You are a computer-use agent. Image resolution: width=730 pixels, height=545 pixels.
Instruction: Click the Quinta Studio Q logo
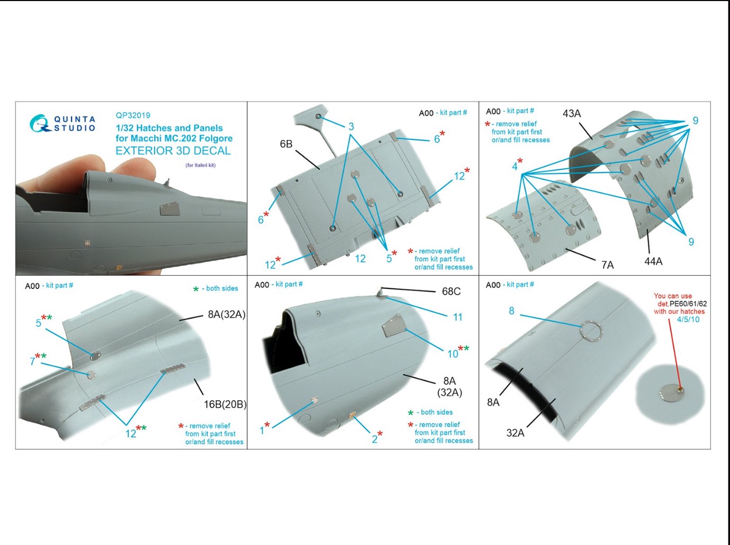(x=39, y=123)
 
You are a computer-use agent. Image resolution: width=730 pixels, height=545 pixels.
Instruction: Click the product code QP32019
(x=132, y=116)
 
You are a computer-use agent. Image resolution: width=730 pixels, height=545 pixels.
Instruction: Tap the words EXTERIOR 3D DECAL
(x=173, y=151)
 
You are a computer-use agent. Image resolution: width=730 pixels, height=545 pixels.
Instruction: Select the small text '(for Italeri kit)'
(x=201, y=165)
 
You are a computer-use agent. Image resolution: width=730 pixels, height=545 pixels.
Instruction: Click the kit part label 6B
(x=286, y=144)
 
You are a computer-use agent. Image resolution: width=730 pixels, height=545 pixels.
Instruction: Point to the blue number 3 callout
(x=351, y=126)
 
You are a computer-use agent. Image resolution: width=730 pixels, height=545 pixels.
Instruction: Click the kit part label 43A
(x=572, y=113)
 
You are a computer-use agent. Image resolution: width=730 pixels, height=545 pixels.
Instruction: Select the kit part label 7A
(x=607, y=265)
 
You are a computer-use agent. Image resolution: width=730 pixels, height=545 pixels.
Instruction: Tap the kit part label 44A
(x=653, y=261)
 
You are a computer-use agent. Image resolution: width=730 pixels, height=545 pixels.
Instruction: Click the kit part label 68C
(x=451, y=292)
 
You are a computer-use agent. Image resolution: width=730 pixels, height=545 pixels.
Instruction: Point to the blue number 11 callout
(x=458, y=317)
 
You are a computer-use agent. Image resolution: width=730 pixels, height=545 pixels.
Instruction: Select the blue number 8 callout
(x=512, y=311)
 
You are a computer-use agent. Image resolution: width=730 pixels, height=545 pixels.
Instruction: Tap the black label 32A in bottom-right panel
(x=515, y=433)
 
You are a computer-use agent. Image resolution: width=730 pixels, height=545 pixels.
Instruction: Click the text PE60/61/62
(x=688, y=304)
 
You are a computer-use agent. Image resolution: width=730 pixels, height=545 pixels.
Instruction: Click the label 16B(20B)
(x=225, y=405)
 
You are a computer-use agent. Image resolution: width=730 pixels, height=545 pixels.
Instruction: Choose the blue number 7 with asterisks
(x=38, y=359)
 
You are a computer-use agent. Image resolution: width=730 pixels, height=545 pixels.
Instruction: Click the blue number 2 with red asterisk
(x=377, y=437)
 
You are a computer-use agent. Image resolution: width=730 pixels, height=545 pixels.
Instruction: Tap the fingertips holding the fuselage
(x=133, y=170)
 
